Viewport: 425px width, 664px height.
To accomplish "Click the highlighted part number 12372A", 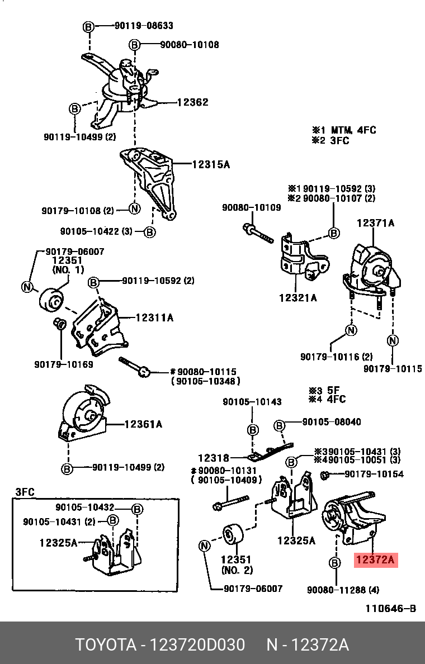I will click(x=375, y=559).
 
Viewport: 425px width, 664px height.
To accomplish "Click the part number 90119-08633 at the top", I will click(x=144, y=25).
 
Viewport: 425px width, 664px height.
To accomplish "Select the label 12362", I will click(x=192, y=102).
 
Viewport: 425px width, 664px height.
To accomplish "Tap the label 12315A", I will click(x=211, y=165).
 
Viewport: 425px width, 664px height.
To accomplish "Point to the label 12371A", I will click(x=375, y=223).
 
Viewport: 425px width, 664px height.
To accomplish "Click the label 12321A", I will click(x=297, y=298).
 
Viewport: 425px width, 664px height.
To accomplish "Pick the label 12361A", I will click(x=143, y=424).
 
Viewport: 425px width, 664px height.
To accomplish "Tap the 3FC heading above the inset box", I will click(x=25, y=492).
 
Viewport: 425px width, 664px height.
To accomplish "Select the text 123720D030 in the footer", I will click(x=197, y=644).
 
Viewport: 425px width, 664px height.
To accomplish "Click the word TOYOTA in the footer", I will click(x=106, y=644).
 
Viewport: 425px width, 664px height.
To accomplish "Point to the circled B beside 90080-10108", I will click(x=134, y=45).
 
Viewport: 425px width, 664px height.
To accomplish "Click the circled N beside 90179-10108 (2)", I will click(x=134, y=209).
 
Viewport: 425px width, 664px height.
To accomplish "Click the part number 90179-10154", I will click(x=374, y=474).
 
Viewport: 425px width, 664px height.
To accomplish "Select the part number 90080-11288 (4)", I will click(x=343, y=589).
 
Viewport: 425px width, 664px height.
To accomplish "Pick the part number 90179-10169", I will click(x=63, y=364).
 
